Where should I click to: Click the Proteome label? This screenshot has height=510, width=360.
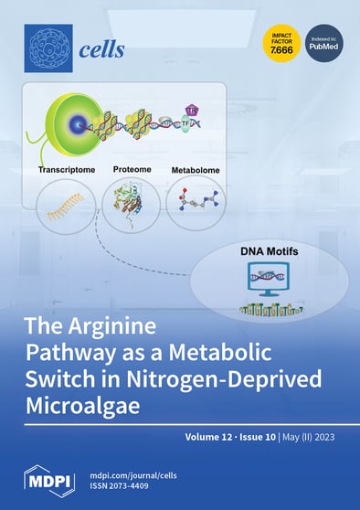(x=132, y=169)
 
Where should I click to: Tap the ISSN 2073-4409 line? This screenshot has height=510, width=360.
(x=129, y=490)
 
